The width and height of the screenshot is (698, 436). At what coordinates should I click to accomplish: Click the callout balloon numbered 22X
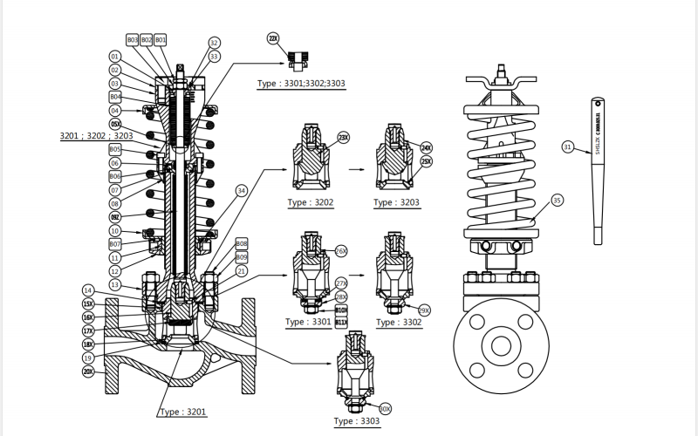273,39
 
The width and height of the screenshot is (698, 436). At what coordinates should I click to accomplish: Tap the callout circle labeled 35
558,200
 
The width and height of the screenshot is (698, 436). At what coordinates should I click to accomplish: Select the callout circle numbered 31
568,147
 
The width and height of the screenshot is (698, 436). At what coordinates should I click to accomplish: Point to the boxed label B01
161,40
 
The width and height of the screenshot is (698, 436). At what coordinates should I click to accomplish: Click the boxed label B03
133,40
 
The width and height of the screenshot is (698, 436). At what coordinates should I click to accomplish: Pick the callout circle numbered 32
215,43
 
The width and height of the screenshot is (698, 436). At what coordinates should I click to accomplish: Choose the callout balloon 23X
343,137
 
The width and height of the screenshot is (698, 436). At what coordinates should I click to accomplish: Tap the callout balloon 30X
385,407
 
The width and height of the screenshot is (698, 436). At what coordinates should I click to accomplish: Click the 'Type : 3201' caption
183,411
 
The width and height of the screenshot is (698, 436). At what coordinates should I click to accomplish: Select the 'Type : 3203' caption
397,202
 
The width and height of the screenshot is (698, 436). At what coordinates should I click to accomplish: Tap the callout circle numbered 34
242,190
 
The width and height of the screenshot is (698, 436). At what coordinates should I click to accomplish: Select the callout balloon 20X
88,371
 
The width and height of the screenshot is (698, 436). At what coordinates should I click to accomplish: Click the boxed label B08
242,243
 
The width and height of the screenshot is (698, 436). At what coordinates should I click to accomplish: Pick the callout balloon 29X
425,310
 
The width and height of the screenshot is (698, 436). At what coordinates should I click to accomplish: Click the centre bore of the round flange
501,345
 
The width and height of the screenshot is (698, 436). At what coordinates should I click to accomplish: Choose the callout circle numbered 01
115,56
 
